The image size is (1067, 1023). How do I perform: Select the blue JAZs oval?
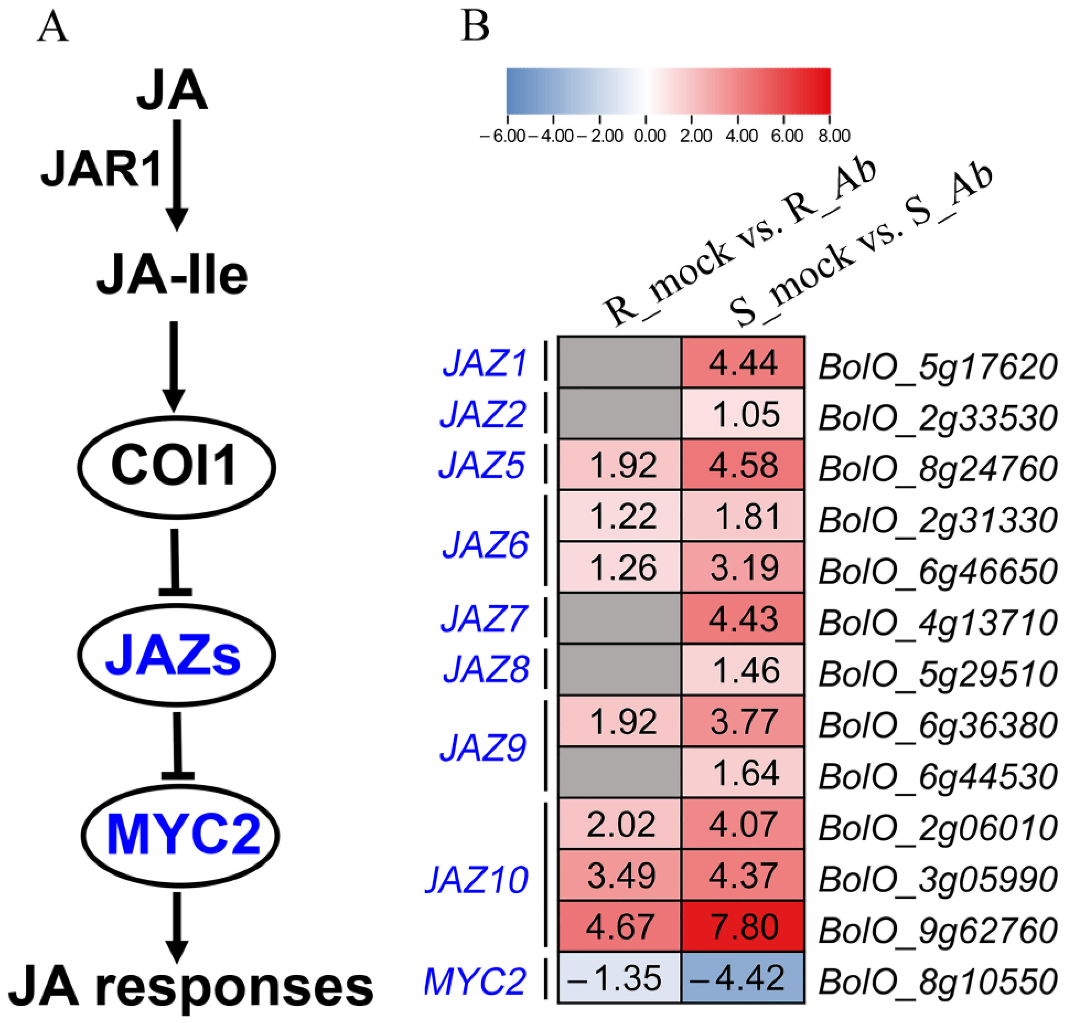[176, 655]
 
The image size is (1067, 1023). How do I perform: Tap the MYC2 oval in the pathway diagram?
[180, 835]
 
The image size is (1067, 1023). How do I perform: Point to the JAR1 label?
[102, 170]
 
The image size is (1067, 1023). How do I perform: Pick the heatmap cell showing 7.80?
[743, 927]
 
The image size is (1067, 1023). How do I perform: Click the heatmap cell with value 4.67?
[619, 927]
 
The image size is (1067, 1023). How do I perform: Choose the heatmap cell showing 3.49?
[619, 876]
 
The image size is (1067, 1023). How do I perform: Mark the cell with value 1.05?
[743, 414]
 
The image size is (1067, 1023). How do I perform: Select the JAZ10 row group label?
[476, 879]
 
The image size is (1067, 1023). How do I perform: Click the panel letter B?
[475, 26]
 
